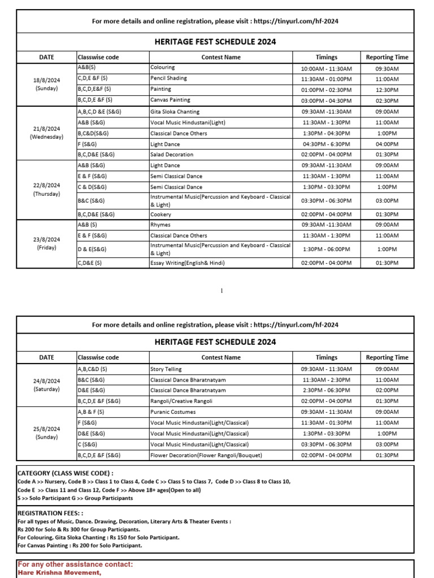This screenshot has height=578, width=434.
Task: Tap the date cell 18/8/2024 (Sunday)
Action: [46, 84]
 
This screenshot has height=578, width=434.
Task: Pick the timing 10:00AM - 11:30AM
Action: [326, 68]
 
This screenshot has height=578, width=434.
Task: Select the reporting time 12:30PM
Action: [387, 90]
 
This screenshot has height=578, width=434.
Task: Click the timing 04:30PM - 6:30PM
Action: [326, 144]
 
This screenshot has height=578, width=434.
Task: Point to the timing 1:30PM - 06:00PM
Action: [326, 249]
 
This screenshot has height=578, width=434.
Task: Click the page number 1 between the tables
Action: [222, 291]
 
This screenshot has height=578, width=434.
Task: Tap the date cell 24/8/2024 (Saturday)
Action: [46, 385]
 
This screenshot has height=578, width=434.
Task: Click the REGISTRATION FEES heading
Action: [49, 514]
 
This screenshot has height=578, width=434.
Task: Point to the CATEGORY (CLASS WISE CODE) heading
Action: [65, 473]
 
